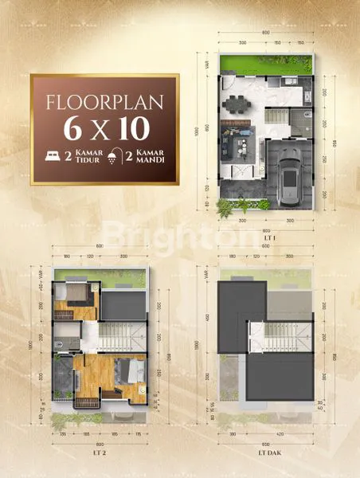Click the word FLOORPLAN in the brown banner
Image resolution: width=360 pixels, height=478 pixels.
pyautogui.click(x=104, y=102)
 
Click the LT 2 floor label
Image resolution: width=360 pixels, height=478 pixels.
pyautogui.click(x=100, y=451)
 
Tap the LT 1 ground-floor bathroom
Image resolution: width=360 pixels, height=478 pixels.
pyautogui.click(x=300, y=123)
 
